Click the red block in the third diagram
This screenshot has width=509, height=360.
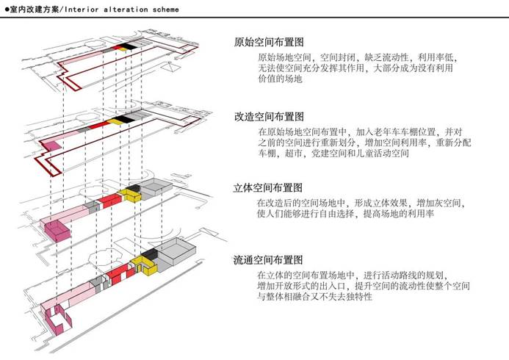tap(109, 201)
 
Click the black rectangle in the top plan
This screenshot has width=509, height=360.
tap(127, 47)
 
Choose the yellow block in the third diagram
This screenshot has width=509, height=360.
tap(132, 193)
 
